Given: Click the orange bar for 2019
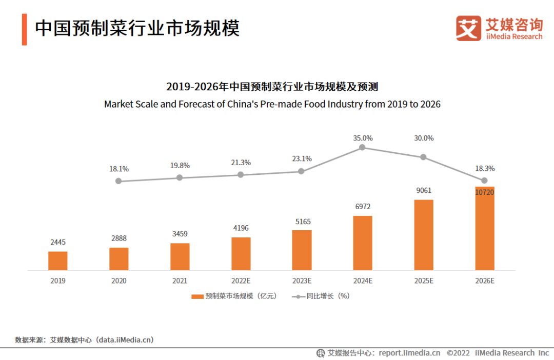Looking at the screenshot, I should (57, 261).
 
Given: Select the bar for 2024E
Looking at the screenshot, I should (363, 243).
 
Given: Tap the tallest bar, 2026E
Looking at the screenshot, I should (485, 228).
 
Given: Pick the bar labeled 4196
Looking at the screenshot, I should (241, 253).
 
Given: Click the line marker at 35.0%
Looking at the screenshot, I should (362, 147).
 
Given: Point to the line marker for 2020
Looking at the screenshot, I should (118, 181).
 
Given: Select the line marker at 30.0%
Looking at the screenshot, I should (423, 157).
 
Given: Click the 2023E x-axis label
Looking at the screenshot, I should (302, 281).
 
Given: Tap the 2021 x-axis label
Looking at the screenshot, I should (180, 281).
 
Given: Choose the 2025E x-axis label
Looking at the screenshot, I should (424, 281).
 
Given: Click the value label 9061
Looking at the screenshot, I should (424, 191).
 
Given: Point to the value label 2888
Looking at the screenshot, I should (118, 238).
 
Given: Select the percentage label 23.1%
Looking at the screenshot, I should (302, 158).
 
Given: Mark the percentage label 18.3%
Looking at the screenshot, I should (485, 168).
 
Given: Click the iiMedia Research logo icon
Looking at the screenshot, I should (468, 28).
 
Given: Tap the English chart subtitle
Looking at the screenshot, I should (272, 104).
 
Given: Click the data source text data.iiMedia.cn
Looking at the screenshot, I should (126, 339).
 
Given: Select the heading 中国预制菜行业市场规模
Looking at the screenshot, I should (137, 28).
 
